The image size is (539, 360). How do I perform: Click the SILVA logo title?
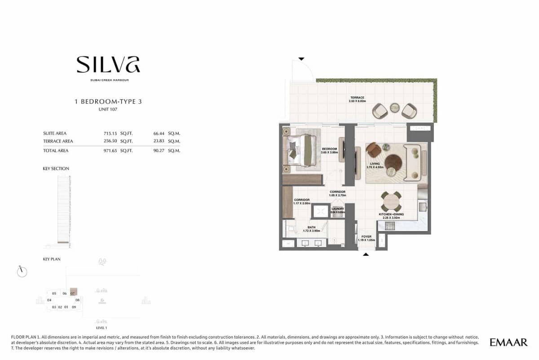point(108,65)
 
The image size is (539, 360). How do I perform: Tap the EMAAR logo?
point(508,342)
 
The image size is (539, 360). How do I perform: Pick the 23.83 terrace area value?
point(159,141)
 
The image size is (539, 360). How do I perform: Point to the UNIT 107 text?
point(108,109)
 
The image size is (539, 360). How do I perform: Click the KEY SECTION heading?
point(56,169)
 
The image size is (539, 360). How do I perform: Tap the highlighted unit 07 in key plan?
point(73,293)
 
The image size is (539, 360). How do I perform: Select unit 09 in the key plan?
point(74,307)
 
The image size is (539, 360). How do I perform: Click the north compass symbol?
point(22,271)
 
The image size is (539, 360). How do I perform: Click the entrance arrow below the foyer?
point(366,254)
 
